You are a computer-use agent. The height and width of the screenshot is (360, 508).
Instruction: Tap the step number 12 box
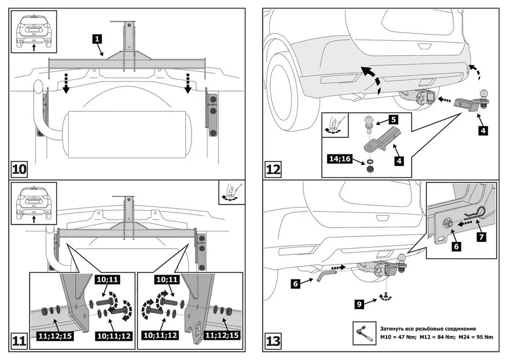[x=273, y=168]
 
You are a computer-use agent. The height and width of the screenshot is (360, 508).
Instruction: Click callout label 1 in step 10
[x=98, y=38]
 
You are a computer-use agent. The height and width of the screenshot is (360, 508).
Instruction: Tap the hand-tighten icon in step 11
[x=232, y=192]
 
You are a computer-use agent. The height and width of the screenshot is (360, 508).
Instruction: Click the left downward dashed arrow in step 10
[x=66, y=84]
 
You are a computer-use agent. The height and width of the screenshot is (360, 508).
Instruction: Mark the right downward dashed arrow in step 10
[x=188, y=83]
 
